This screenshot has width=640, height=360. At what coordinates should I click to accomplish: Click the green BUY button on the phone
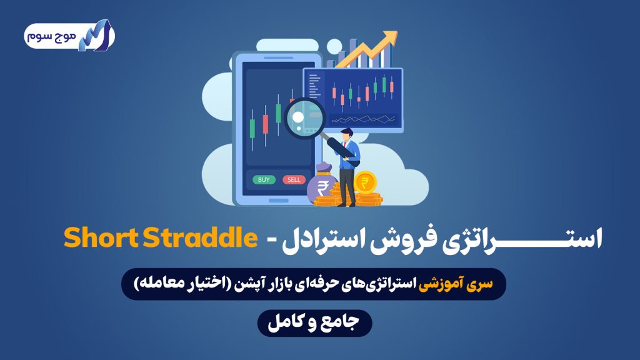pos(264,179)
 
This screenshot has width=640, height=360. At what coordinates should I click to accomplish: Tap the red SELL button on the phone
pos(294,179)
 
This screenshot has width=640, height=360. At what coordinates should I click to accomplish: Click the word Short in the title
pos(101,238)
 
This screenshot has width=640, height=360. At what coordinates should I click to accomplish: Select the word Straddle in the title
pos(201,238)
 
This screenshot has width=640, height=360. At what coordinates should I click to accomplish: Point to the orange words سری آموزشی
pos(456,284)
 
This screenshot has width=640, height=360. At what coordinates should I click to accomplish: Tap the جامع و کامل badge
pos(314,323)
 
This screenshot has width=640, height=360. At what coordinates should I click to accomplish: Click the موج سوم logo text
pos(51,36)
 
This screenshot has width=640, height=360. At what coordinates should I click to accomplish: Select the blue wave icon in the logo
pos(96,36)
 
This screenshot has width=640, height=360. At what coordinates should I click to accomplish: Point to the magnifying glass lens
pos(304,118)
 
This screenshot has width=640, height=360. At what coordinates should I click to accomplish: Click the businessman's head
pos(347,135)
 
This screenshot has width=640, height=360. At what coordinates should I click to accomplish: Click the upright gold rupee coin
pos(365,182)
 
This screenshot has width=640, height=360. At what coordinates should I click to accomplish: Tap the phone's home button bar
pos(279,201)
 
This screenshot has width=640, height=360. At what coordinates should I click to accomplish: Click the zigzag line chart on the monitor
pos(363,119)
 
